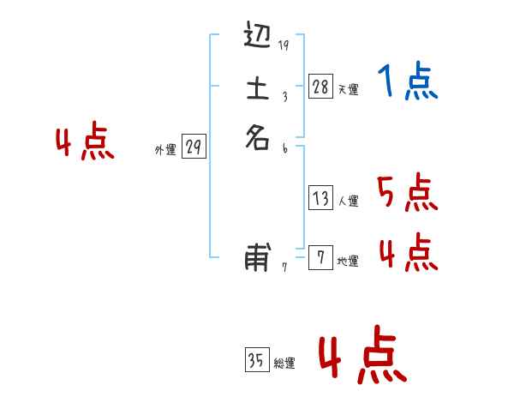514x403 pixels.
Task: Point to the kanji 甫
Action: (x=258, y=256)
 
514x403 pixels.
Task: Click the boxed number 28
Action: (x=320, y=86)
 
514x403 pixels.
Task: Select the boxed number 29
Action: (x=194, y=147)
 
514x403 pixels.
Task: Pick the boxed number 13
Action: (x=320, y=199)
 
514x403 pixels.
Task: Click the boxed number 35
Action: (x=256, y=361)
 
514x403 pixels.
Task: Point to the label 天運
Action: (x=348, y=89)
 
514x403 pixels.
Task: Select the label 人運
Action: (x=348, y=202)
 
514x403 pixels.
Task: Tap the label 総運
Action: (x=284, y=364)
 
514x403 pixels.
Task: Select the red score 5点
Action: (x=408, y=193)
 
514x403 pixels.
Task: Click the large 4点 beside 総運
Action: (x=362, y=358)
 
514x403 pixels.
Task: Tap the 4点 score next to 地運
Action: (x=408, y=252)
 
